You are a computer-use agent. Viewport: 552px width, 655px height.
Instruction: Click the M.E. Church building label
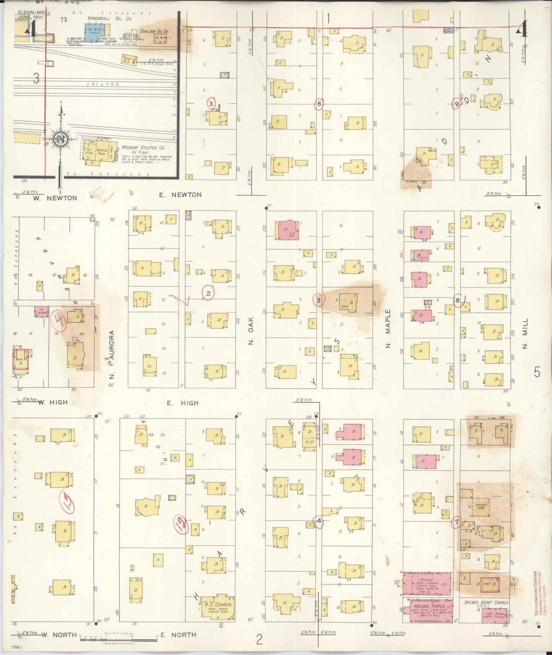coord(218,604)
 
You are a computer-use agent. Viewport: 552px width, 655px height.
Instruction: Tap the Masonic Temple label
coord(427,606)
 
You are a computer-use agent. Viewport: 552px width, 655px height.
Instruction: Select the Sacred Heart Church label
coord(486,603)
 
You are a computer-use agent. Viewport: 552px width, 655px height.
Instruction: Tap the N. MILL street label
coord(525,333)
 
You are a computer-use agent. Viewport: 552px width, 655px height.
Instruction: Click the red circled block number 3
coord(210,103)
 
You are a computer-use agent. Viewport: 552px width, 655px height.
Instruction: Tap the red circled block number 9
coord(456,104)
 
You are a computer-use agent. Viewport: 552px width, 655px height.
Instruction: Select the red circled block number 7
coord(456,522)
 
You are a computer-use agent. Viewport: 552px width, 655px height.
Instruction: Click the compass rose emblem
coord(60,138)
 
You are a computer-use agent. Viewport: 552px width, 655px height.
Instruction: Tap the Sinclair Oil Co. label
coord(154,31)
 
